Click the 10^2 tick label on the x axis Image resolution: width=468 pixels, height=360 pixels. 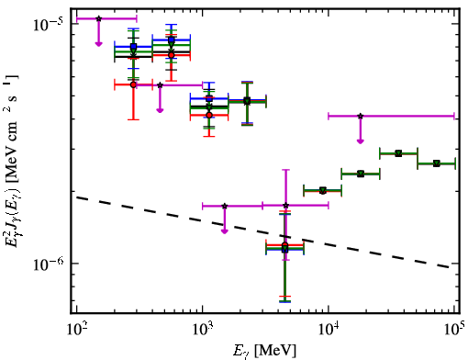click(x=78, y=330)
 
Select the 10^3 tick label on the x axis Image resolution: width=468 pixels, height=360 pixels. click(x=204, y=330)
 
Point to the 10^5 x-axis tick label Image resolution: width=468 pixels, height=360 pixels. click(x=455, y=330)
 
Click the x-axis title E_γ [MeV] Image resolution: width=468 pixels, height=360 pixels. click(x=264, y=351)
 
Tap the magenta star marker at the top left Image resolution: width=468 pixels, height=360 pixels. click(x=98, y=18)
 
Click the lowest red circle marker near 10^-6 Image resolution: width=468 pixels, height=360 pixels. click(x=285, y=245)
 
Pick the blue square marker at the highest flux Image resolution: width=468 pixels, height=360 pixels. click(x=172, y=39)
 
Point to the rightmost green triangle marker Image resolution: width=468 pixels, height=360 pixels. click(x=437, y=163)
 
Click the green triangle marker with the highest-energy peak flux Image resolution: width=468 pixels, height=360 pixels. click(x=398, y=153)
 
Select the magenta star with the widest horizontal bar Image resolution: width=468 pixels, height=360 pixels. click(x=361, y=116)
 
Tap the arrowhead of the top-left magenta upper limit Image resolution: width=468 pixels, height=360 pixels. click(x=98, y=44)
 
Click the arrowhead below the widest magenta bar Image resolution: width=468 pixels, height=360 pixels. click(x=361, y=141)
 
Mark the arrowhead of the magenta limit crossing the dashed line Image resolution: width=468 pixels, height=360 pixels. click(x=225, y=231)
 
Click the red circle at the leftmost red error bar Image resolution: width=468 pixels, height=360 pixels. click(x=133, y=84)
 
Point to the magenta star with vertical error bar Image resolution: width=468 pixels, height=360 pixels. click(x=285, y=206)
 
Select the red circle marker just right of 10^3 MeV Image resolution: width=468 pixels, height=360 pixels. click(x=209, y=115)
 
